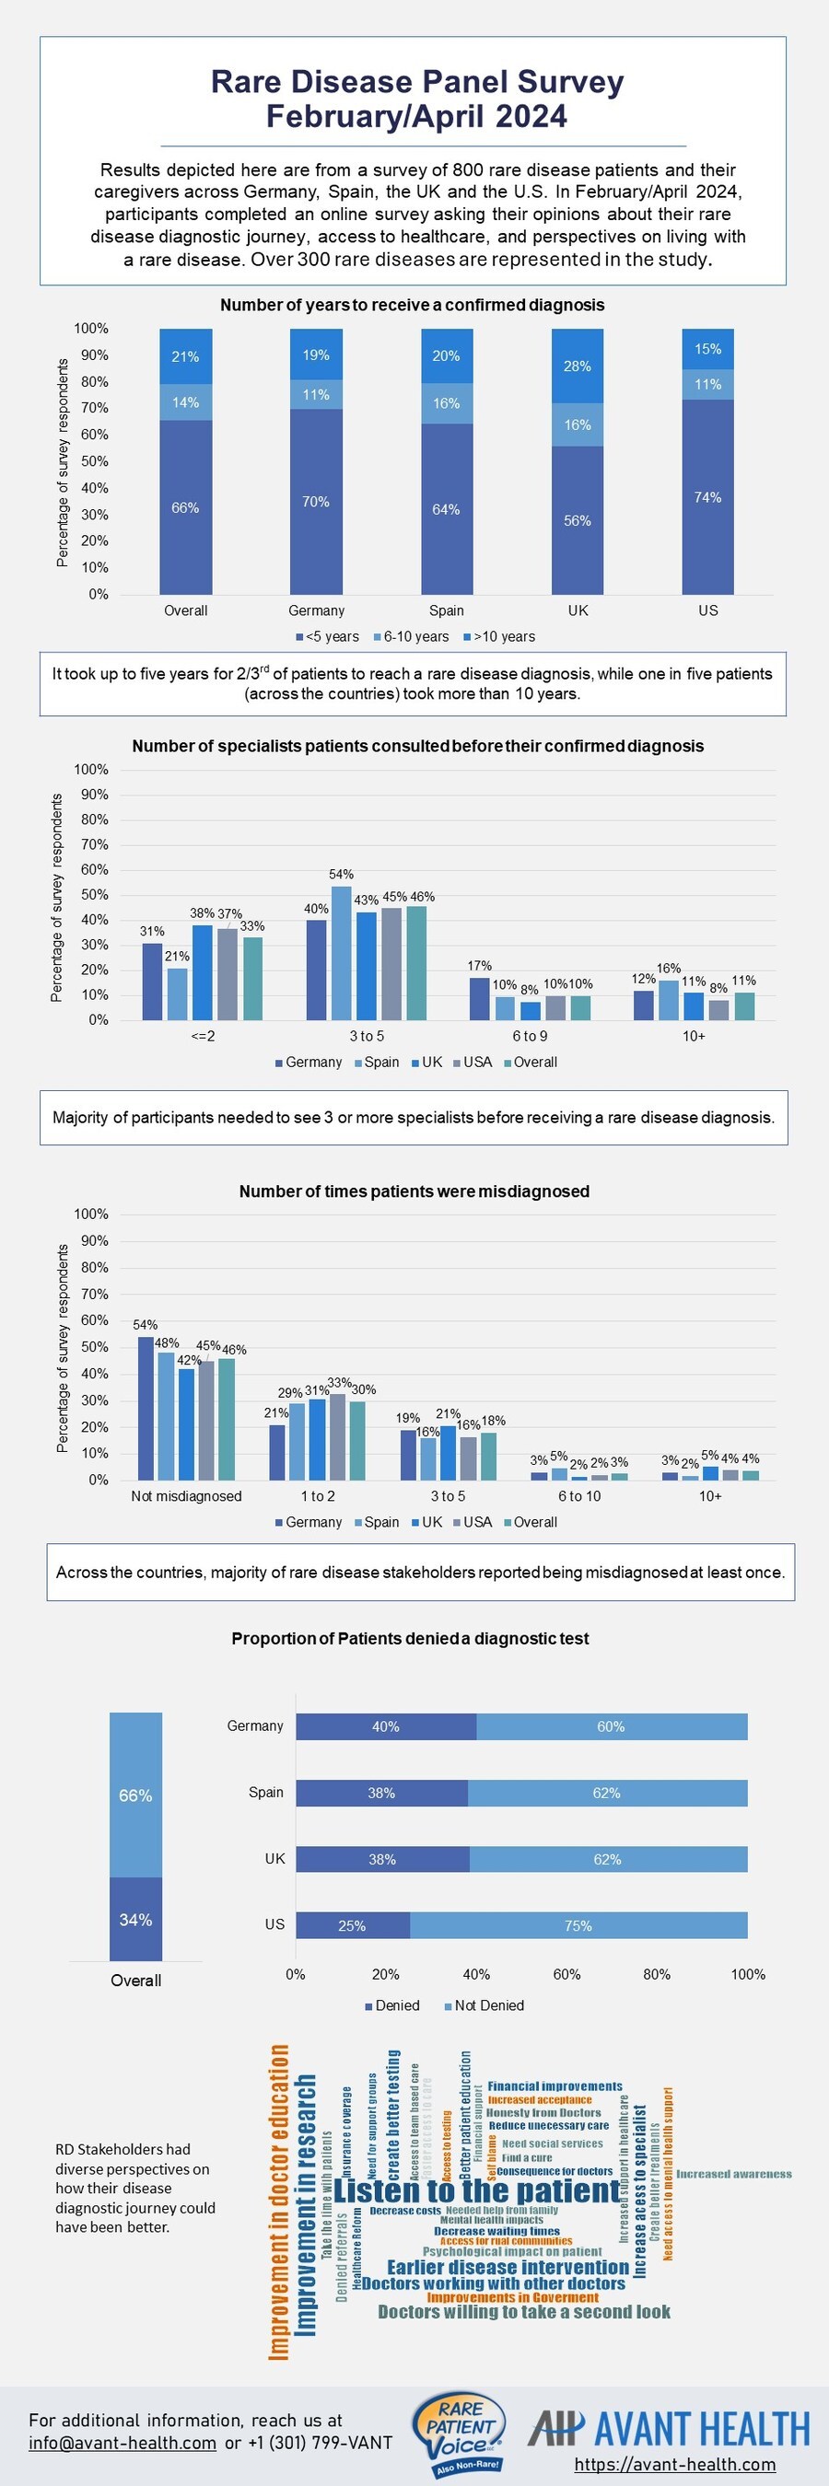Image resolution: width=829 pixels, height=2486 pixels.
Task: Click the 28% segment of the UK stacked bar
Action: tap(578, 366)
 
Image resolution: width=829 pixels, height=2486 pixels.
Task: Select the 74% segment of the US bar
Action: tap(707, 497)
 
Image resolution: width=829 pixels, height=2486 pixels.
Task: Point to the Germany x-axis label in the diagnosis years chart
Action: tap(317, 610)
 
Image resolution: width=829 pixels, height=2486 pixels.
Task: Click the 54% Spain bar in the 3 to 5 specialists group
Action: tap(342, 951)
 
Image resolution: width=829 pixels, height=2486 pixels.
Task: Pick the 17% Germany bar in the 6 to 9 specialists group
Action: tap(479, 998)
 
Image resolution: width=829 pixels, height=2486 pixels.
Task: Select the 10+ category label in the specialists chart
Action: tap(694, 1037)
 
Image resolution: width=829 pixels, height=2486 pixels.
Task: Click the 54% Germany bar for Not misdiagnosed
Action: tap(146, 1408)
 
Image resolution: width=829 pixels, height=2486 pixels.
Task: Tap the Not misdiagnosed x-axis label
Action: tap(186, 1496)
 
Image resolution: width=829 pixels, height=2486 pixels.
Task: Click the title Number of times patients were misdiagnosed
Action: tap(414, 1191)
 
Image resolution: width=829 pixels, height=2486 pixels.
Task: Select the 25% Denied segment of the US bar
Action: tap(352, 1925)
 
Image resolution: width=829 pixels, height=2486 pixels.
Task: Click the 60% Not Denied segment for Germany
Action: tap(611, 1726)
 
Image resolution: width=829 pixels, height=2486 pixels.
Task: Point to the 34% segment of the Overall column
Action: tap(135, 1920)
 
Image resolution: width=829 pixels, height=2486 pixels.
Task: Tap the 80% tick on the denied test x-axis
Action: tap(658, 1974)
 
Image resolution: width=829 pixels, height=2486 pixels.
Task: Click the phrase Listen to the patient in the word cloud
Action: tap(478, 2191)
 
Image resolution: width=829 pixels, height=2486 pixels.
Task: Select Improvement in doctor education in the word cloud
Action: tap(279, 2203)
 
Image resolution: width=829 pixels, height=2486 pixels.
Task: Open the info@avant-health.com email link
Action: tap(122, 2443)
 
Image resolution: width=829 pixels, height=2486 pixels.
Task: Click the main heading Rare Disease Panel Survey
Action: tap(417, 82)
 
